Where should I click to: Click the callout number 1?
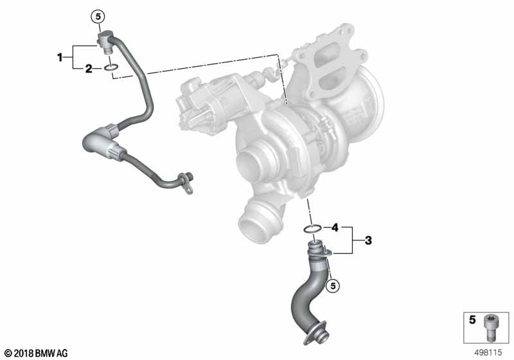(60, 58)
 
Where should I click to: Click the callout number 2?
(89, 69)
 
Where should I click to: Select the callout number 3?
(368, 240)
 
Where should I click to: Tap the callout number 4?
(335, 227)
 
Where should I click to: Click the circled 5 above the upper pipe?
(98, 16)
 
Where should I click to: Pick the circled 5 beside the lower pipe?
(333, 286)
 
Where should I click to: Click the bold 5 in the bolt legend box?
(472, 319)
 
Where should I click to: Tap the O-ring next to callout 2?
(111, 68)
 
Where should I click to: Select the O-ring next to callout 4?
(312, 228)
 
